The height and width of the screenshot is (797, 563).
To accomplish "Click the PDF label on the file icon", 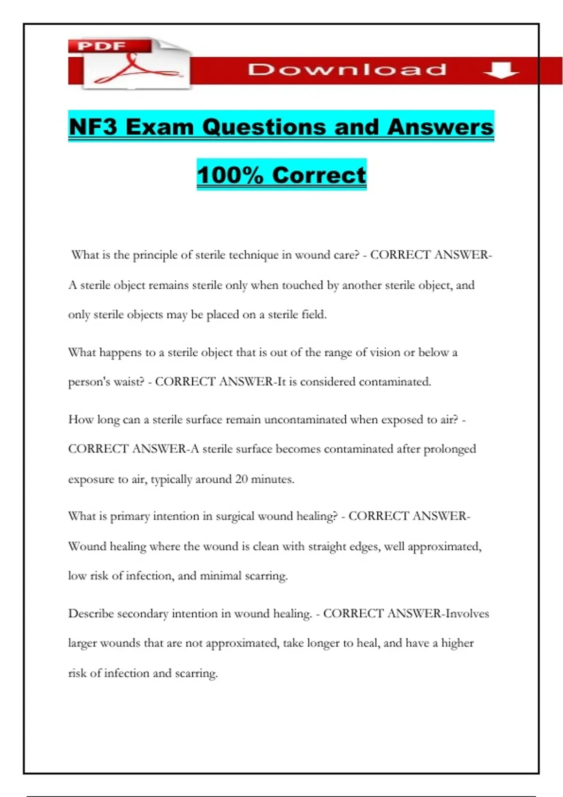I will (x=102, y=46).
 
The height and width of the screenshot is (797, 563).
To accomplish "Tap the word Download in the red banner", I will (x=347, y=70).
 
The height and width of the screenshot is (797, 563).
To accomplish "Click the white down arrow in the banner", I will (x=501, y=70).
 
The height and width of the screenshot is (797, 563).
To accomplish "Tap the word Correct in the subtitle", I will (x=319, y=175).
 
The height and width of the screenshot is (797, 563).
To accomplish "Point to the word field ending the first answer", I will (x=313, y=315).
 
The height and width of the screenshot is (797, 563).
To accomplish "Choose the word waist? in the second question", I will (x=129, y=382).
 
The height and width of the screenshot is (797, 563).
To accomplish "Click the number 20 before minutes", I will (x=241, y=479).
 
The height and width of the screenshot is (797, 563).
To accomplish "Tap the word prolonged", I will (x=449, y=450).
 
